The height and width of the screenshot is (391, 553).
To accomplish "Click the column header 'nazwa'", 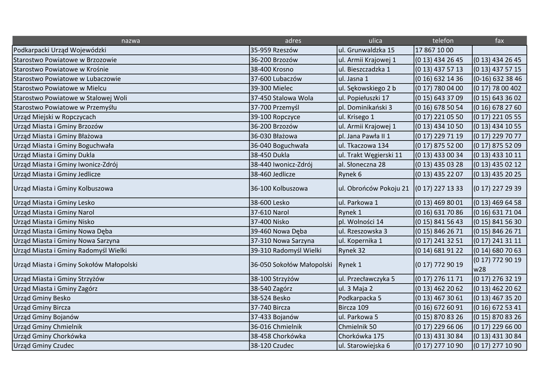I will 130,40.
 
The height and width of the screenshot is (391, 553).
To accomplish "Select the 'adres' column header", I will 293,40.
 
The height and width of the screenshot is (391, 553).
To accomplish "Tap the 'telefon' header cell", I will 443,40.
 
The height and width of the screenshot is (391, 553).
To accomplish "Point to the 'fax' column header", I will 499,40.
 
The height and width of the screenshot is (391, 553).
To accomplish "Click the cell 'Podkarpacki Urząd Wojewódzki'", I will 60,50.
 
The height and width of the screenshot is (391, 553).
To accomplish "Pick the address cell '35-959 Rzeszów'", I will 274,50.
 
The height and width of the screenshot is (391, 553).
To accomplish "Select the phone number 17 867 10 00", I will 434,50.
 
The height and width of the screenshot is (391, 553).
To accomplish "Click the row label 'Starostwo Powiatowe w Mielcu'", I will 60,88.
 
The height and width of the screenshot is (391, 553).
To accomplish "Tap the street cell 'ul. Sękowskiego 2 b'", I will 367,88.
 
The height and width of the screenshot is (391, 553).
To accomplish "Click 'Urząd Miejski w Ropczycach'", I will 55,117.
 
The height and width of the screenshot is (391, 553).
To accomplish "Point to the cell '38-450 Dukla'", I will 270,155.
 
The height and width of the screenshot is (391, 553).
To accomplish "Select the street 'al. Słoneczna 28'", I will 362,164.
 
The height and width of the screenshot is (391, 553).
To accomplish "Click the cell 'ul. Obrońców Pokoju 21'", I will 374,189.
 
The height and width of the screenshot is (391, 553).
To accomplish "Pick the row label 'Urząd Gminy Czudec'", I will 44,346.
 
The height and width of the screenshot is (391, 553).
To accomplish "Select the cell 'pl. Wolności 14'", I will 361,222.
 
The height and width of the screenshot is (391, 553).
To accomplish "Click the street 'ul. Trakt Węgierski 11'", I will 370,155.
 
